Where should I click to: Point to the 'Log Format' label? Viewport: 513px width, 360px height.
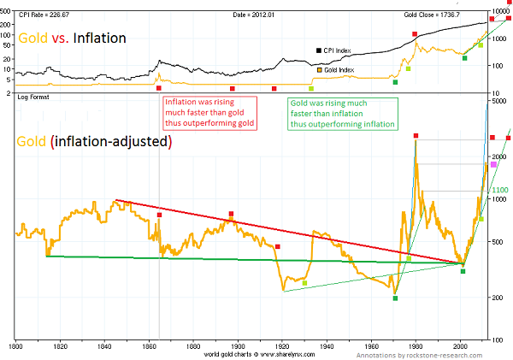click(33, 100)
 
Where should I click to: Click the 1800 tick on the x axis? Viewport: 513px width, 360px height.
click(15, 347)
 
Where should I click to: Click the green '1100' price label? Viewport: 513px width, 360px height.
click(500, 190)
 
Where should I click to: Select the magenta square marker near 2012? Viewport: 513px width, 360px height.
click(494, 163)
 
